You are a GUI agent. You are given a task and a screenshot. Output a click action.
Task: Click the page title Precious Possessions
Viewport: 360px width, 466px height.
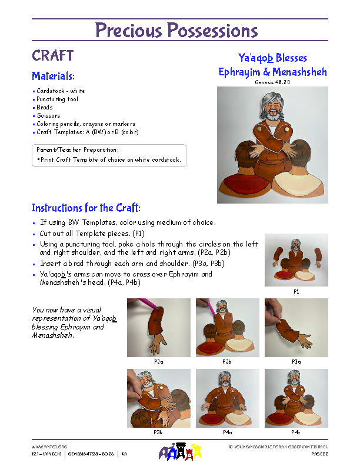(176, 31)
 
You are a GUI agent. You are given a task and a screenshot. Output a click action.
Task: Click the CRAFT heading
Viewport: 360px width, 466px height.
(53, 56)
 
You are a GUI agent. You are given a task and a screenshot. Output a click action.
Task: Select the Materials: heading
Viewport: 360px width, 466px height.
(53, 76)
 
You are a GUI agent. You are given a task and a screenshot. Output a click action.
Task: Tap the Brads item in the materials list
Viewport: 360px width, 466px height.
(45, 108)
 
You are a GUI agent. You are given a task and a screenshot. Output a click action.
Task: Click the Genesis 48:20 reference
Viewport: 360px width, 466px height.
(272, 83)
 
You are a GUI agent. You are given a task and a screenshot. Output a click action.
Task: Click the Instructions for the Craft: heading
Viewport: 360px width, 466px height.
(86, 208)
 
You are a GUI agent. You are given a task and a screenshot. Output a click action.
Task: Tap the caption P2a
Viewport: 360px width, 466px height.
(159, 361)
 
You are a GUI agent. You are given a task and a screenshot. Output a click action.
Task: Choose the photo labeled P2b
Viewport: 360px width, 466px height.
(227, 327)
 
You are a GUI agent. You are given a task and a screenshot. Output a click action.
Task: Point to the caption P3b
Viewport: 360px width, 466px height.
(159, 432)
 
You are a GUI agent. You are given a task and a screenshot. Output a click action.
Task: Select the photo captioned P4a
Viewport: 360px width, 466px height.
(227, 398)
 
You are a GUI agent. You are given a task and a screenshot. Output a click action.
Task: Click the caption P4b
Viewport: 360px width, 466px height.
(296, 432)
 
